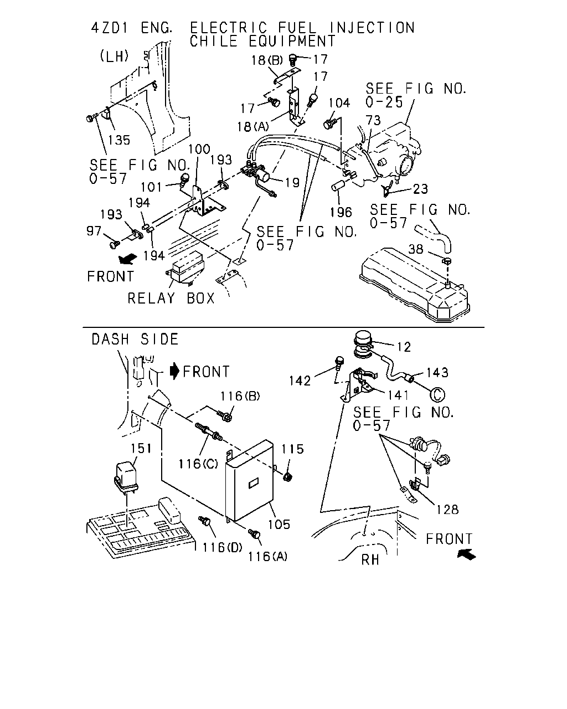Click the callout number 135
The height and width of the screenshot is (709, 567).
[x=119, y=140]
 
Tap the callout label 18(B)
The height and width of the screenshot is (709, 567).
[x=267, y=60]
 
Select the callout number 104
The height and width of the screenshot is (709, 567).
[x=339, y=103]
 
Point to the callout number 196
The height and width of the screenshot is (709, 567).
[x=341, y=212]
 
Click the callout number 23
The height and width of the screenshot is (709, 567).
[x=420, y=189]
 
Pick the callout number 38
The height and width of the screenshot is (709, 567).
[x=416, y=249]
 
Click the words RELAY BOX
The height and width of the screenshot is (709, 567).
[x=171, y=299]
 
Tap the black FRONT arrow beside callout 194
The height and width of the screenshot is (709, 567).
[x=128, y=259]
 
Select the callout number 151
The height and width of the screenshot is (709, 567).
[x=141, y=449]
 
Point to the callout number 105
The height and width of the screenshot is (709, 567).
[x=279, y=525]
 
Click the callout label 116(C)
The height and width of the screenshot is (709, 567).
[x=198, y=464]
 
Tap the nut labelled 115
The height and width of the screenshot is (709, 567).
[x=287, y=477]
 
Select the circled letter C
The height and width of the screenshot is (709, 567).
[x=437, y=395]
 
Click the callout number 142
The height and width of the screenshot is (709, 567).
[x=300, y=381]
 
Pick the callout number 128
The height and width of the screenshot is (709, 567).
[x=447, y=510]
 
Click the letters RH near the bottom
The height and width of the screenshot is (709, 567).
[x=370, y=560]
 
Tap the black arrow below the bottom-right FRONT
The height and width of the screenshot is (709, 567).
[x=467, y=555]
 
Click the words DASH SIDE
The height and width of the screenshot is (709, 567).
[x=135, y=340]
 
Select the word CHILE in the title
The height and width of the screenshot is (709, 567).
[x=214, y=42]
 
